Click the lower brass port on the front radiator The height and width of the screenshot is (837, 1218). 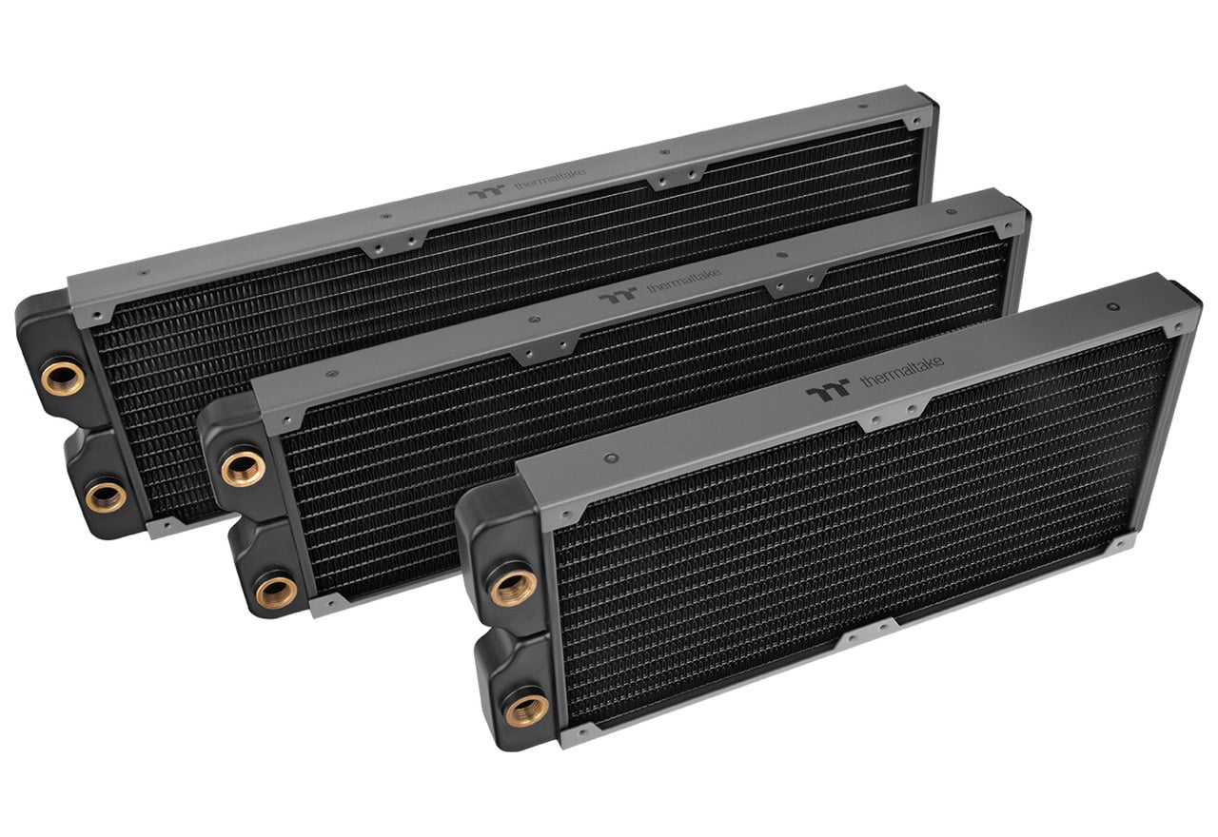(526, 709)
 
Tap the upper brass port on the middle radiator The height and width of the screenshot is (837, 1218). (243, 469)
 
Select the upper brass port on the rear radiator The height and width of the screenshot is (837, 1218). (64, 376)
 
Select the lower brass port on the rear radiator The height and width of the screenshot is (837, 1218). (106, 496)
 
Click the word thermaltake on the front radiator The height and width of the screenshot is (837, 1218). (902, 371)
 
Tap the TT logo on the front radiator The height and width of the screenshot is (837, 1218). (827, 390)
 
